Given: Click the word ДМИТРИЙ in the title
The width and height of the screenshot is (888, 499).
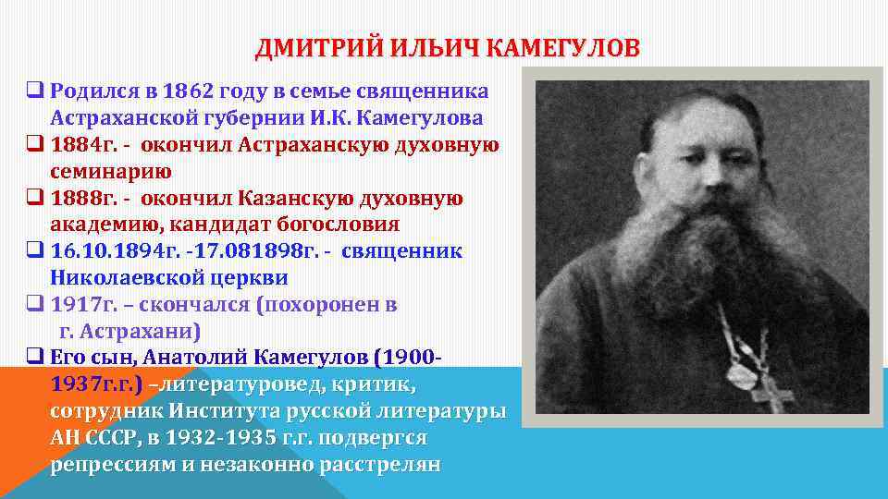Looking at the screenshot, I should (305, 47).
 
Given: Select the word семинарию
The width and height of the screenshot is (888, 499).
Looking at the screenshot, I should (110, 171).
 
